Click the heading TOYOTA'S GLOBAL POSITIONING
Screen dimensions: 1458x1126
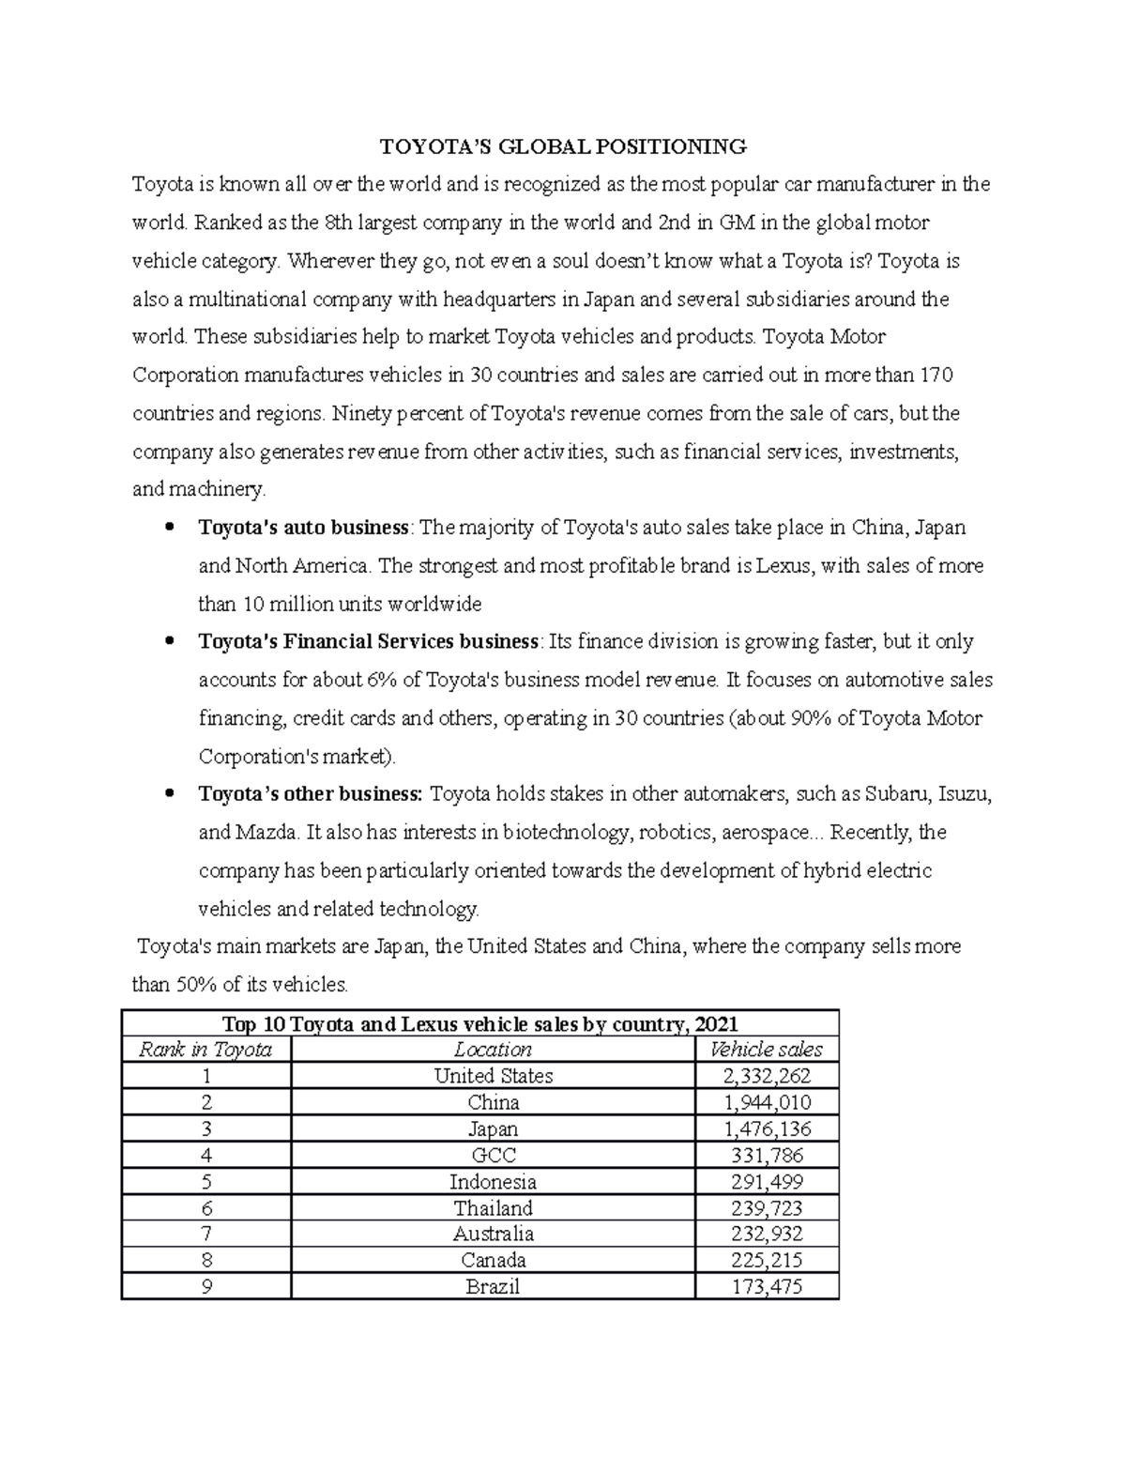point(562,146)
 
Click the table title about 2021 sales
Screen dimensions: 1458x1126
point(479,1024)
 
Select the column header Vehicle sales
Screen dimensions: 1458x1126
point(766,1050)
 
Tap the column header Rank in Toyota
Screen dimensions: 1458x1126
point(205,1050)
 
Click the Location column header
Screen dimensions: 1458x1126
point(493,1050)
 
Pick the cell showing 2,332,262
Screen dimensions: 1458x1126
point(766,1076)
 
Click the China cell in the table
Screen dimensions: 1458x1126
point(493,1102)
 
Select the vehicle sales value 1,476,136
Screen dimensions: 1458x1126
point(766,1128)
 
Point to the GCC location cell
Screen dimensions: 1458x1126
point(493,1155)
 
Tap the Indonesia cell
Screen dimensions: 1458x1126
point(493,1181)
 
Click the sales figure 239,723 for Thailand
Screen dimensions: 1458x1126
point(766,1207)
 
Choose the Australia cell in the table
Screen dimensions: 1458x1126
point(493,1234)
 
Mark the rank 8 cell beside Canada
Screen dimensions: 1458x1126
point(205,1260)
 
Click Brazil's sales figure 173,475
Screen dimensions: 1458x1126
point(766,1286)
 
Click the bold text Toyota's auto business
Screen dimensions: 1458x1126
point(303,528)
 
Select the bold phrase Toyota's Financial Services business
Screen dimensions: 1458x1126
point(369,642)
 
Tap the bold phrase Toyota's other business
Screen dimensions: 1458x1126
point(311,794)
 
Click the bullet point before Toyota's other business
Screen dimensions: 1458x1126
point(169,794)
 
